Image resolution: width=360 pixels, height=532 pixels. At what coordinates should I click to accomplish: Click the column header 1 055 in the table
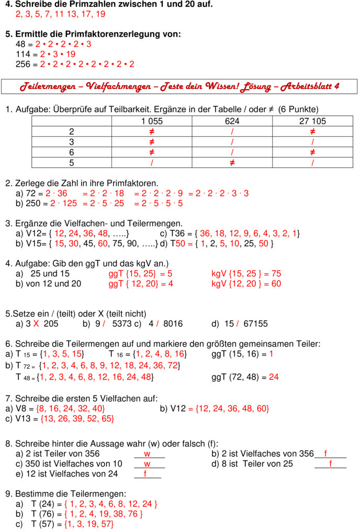coord(152,121)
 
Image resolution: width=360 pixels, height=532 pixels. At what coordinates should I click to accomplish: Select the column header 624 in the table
coord(232,121)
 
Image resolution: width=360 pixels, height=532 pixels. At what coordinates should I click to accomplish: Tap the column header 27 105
coord(312,121)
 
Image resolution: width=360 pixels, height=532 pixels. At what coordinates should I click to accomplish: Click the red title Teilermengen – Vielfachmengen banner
coord(179,86)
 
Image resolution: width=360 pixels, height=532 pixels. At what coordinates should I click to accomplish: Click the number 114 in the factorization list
coord(24,54)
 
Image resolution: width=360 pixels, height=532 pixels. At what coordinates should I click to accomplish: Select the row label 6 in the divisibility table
coord(72,152)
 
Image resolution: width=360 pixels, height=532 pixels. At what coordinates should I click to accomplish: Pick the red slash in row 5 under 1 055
coord(152,163)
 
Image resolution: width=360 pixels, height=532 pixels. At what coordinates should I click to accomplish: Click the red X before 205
coord(36,324)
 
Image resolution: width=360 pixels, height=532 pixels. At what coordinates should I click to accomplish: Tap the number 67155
coord(255,324)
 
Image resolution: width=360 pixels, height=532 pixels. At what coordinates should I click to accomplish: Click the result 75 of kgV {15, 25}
coord(276,273)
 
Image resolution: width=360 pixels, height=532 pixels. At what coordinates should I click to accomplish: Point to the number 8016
coord(173,324)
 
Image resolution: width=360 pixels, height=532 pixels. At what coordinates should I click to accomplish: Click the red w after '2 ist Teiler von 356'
coord(148,453)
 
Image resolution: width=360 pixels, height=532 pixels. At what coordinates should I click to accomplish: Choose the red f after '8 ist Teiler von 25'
coord(331,464)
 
